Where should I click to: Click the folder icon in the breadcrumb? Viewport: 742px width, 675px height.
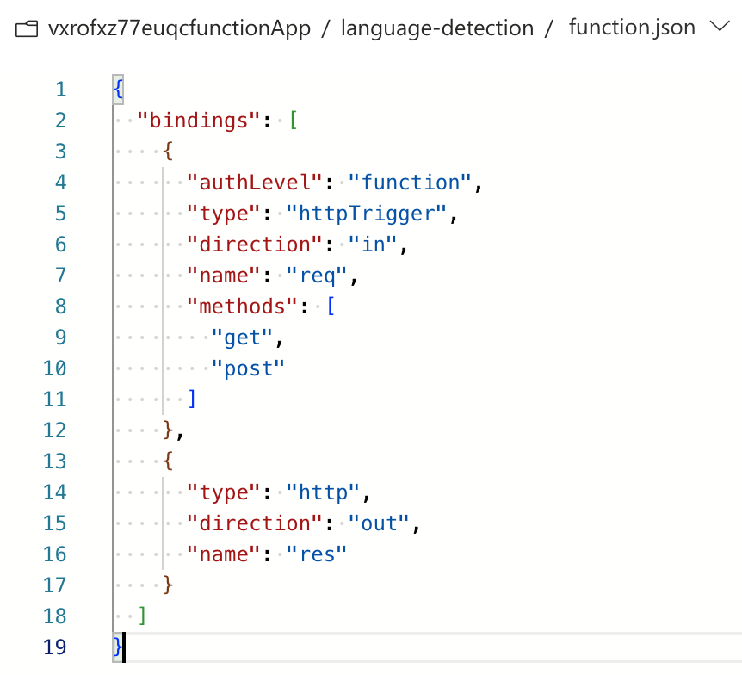(x=27, y=29)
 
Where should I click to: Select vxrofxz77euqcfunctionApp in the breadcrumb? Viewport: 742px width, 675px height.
(x=179, y=28)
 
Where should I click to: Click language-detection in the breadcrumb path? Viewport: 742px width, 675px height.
(x=437, y=28)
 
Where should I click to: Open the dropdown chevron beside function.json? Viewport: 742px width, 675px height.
(x=720, y=27)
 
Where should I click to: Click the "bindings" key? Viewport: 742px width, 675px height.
(x=198, y=121)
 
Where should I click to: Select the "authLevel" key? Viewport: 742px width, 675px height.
(x=255, y=183)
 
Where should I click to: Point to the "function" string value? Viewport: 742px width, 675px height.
(x=410, y=183)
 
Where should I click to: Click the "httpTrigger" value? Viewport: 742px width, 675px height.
(x=367, y=214)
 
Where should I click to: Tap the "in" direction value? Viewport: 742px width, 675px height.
(x=373, y=245)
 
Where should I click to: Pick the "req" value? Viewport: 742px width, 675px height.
(x=317, y=276)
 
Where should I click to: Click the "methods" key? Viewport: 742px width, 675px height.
(x=242, y=307)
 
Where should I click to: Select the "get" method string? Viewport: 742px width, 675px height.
(x=242, y=337)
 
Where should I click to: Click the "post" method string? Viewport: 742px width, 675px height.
(x=248, y=368)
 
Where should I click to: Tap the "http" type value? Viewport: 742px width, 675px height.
(x=323, y=492)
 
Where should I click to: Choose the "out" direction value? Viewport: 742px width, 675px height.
(x=379, y=523)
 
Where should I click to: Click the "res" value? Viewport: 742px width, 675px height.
(x=317, y=554)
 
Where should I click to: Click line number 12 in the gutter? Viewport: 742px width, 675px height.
(x=54, y=430)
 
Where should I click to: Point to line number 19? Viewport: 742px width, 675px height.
(x=54, y=647)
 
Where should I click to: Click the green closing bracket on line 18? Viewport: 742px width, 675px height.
(x=142, y=616)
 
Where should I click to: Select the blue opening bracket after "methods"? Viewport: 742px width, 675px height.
(x=331, y=307)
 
